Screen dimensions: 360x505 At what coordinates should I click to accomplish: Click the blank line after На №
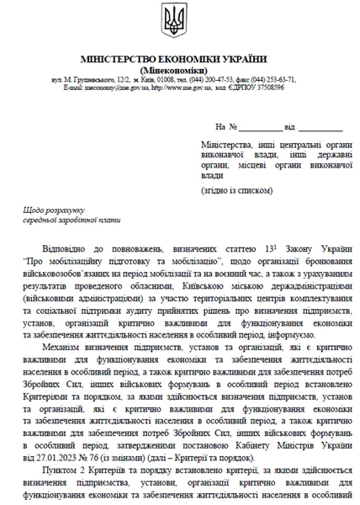[x=262, y=127]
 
